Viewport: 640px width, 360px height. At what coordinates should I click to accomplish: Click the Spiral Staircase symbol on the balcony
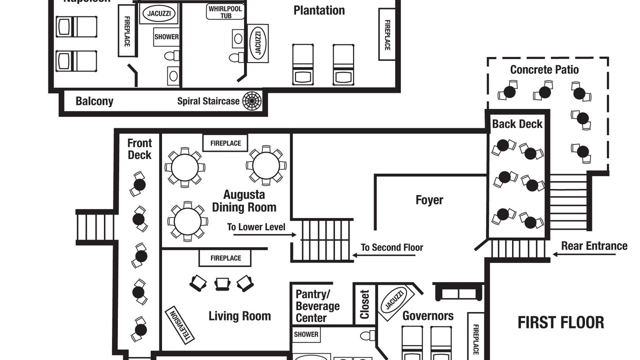tap(252, 101)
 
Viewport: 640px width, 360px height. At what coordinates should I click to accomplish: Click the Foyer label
tap(429, 200)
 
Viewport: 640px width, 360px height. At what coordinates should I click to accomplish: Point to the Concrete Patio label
tap(544, 69)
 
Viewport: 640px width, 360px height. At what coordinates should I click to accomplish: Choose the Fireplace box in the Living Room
tap(225, 258)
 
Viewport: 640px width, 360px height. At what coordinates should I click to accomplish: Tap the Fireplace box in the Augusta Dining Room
tap(225, 143)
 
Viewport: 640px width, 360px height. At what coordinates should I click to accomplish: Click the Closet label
tap(364, 304)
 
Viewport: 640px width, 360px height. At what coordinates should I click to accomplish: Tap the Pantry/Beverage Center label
tap(317, 305)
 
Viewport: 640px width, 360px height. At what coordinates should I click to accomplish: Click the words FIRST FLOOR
tap(560, 322)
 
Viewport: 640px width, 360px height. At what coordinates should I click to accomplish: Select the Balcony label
tap(94, 101)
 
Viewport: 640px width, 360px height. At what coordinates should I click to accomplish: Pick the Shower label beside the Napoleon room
tap(166, 37)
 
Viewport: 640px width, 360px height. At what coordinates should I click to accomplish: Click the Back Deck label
tap(517, 124)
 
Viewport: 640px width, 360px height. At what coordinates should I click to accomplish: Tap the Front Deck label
tap(139, 149)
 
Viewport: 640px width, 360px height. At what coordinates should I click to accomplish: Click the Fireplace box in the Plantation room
tap(387, 34)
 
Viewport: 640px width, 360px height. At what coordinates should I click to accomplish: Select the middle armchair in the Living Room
tap(221, 284)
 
